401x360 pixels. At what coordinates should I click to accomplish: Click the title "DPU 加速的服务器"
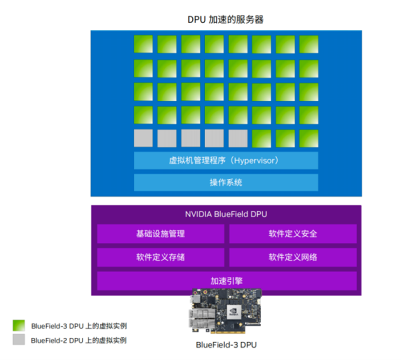click(225, 20)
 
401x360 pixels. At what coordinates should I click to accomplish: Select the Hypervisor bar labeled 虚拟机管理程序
click(226, 160)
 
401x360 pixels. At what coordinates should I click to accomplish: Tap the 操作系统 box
click(226, 183)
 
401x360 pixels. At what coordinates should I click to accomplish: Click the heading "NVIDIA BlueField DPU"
click(226, 214)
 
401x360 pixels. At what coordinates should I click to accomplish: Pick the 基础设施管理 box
click(161, 234)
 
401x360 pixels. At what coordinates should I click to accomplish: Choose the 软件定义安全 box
click(293, 234)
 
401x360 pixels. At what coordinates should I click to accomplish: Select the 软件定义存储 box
click(161, 257)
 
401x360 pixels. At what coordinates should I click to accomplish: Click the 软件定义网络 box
click(293, 257)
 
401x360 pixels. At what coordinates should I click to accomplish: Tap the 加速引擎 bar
click(227, 281)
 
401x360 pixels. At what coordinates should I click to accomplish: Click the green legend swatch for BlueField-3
click(19, 325)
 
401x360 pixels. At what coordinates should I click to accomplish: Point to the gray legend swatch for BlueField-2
click(19, 340)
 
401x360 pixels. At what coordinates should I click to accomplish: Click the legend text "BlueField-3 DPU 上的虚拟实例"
click(79, 326)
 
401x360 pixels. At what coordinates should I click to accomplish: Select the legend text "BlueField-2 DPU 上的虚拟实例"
click(79, 340)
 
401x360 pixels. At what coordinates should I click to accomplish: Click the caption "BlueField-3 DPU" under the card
click(226, 345)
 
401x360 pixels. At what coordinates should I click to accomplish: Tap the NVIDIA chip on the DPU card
click(234, 312)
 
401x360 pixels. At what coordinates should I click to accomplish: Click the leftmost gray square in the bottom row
click(143, 138)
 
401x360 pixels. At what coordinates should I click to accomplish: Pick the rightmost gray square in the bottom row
click(238, 138)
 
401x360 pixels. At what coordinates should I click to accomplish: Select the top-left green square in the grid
click(143, 44)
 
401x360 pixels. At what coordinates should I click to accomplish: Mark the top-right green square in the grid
click(309, 44)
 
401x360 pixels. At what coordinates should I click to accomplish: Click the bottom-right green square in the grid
click(309, 138)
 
